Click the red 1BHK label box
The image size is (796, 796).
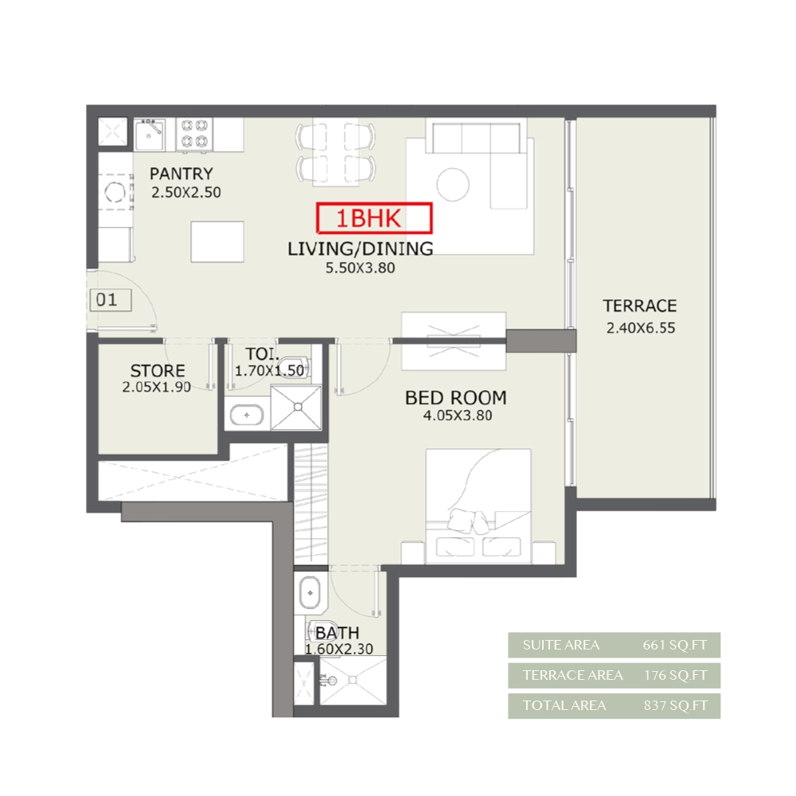click(374, 218)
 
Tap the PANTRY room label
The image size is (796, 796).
click(181, 174)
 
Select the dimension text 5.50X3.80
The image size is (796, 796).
click(360, 267)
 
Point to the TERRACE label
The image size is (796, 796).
click(640, 306)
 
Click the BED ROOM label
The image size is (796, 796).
click(456, 397)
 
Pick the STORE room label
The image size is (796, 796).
click(158, 370)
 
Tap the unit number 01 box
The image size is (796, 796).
click(110, 300)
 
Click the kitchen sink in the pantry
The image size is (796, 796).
click(150, 135)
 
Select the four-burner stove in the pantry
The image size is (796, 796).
click(194, 135)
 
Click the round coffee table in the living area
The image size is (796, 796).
click(453, 185)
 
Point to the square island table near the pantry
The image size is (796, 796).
click(217, 242)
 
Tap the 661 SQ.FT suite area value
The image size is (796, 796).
click(675, 646)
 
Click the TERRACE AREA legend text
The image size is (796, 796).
click(572, 675)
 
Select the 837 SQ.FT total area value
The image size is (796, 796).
click(675, 705)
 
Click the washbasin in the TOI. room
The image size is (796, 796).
click(247, 415)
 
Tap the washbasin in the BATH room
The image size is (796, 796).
click(310, 592)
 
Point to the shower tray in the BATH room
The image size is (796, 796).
click(353, 681)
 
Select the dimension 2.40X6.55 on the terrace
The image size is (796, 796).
click(641, 328)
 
